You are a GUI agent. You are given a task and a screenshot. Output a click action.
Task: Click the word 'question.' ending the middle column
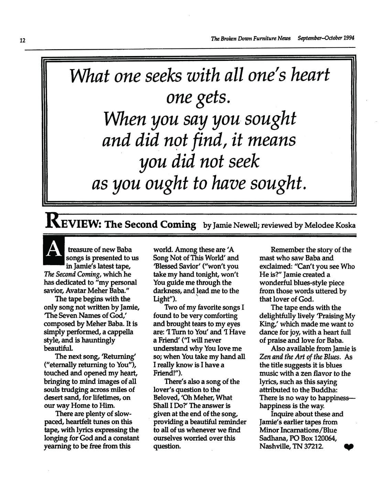(x=167, y=447)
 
